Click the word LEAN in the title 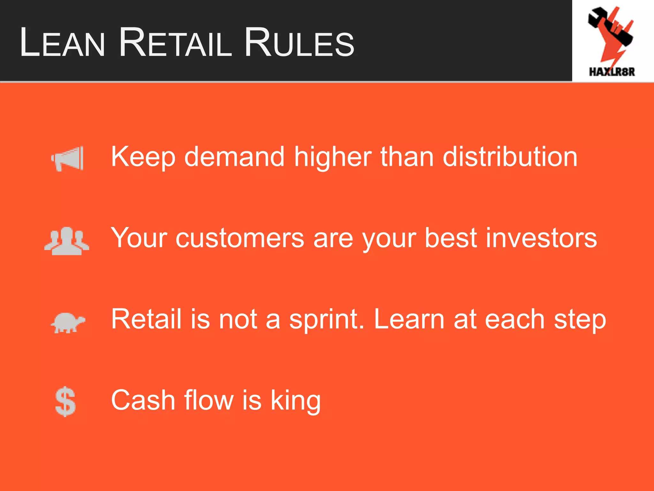62,43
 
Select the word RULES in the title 299,43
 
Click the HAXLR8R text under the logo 612,72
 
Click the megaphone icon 68,159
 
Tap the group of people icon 67,241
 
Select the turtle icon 68,323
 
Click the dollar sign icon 65,402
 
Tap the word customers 240,238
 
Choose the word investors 541,238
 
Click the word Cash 143,400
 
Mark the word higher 332,157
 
